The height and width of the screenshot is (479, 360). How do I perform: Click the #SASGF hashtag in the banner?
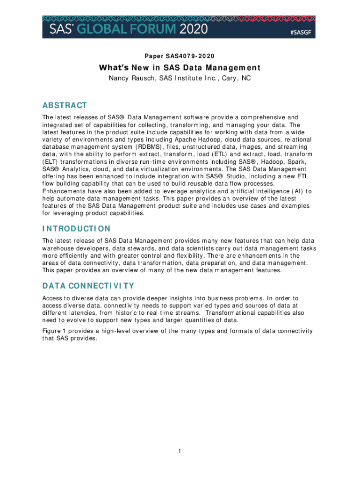(x=297, y=32)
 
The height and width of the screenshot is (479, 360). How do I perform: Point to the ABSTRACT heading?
(x=65, y=105)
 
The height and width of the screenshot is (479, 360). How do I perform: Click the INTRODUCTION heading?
(x=76, y=229)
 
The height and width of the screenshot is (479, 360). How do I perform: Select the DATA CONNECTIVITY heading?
(x=88, y=286)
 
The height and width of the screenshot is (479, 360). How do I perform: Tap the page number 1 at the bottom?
(x=180, y=451)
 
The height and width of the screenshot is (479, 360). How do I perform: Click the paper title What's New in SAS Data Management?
(x=180, y=68)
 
